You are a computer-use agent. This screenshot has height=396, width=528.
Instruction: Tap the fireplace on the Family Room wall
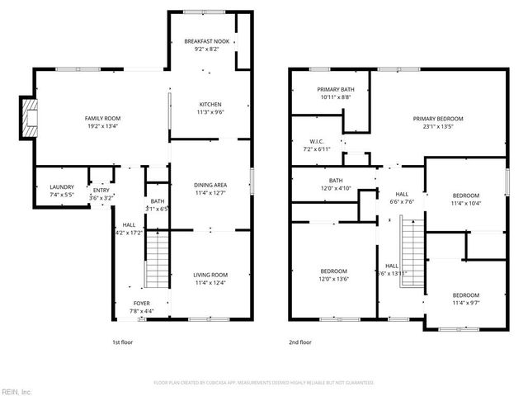click(31, 118)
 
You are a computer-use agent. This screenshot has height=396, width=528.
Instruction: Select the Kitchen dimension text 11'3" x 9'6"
click(210, 112)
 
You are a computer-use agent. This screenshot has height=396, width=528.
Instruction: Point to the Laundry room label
click(62, 187)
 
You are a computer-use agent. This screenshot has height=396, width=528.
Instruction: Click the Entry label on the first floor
click(101, 191)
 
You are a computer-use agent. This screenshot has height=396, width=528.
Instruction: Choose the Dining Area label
click(210, 186)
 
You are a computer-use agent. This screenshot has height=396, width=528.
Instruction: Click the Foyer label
click(142, 303)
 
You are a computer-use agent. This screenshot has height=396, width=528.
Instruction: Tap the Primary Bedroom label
click(438, 119)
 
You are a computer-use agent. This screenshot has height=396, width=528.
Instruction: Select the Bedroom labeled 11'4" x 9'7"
click(465, 295)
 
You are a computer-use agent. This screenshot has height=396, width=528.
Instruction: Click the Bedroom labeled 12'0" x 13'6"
click(333, 271)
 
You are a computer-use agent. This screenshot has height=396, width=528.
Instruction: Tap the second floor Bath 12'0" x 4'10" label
click(335, 181)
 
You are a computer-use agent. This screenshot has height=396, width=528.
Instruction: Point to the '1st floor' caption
click(122, 341)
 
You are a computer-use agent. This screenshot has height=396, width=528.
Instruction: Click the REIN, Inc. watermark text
click(16, 391)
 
